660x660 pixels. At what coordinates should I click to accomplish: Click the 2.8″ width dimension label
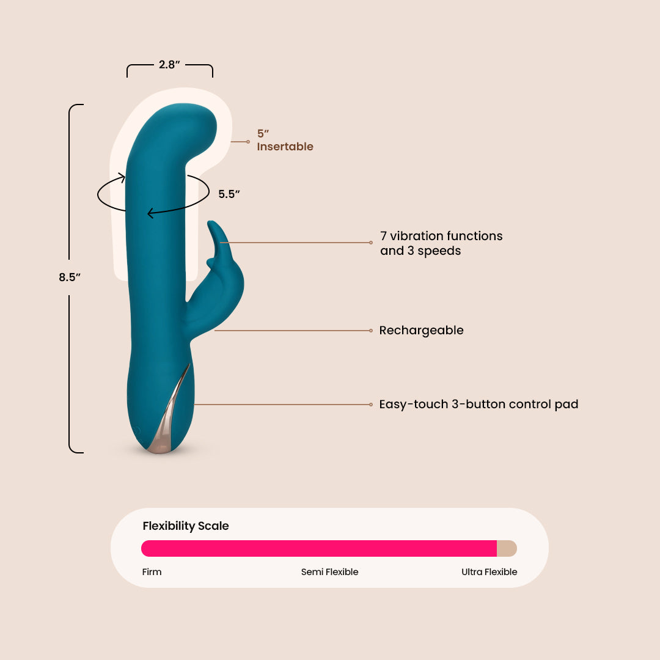point(169,64)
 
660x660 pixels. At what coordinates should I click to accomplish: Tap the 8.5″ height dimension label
point(70,277)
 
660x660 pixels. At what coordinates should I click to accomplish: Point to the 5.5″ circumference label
point(229,194)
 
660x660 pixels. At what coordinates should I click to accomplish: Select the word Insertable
point(285,147)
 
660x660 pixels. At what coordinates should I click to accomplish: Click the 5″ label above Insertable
point(263,133)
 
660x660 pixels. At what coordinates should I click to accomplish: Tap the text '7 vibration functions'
point(441,236)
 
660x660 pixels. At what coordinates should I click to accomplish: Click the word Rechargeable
point(421,331)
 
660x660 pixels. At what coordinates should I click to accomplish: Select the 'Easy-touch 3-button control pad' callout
point(479,404)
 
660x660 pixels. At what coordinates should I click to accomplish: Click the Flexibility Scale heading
point(186,526)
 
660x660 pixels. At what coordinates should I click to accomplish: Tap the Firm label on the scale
point(152,572)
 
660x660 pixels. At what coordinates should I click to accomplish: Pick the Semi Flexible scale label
point(329,572)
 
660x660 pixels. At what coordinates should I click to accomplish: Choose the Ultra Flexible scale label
point(489,572)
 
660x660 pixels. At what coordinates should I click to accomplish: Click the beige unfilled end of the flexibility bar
point(507,548)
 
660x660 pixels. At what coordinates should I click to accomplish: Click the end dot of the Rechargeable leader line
point(371,331)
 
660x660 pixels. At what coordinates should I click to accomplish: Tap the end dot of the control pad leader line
point(371,404)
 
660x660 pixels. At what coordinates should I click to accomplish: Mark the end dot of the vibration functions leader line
point(371,243)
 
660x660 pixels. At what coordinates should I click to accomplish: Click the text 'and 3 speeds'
point(420,251)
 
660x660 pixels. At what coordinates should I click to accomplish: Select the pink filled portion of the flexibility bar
point(318,548)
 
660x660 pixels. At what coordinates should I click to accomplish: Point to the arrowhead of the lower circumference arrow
point(150,213)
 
